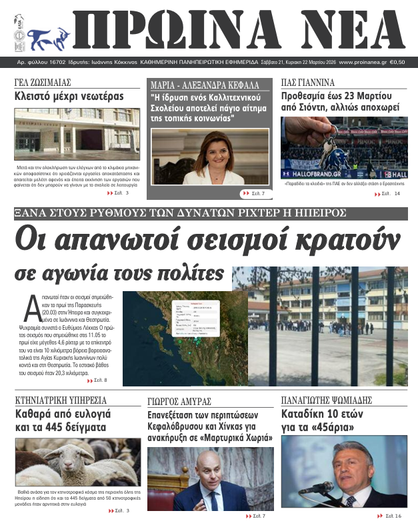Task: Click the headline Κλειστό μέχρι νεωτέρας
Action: point(69,97)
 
